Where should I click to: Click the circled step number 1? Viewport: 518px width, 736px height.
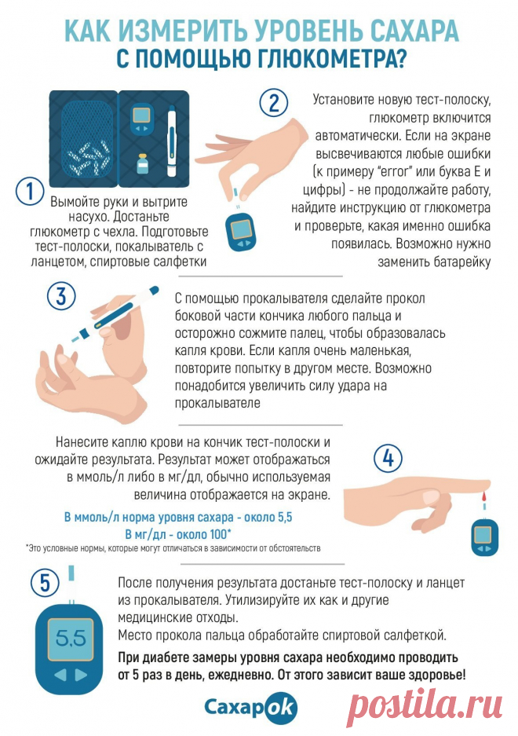pos(30,192)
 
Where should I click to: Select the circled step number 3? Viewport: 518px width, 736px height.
pos(61,296)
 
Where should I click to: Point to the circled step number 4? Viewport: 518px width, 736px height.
pos(388,458)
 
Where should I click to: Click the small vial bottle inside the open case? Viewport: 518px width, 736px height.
pos(142,165)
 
